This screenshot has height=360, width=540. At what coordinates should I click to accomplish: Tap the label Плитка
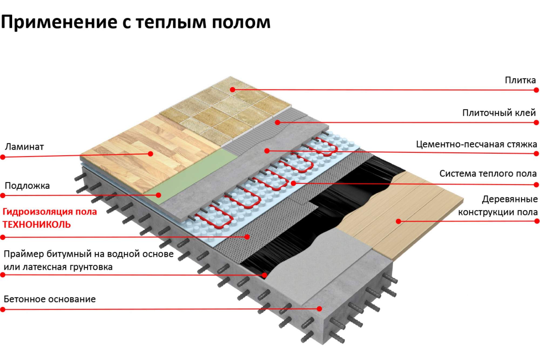point(520,80)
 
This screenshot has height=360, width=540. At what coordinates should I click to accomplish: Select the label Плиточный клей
point(499,113)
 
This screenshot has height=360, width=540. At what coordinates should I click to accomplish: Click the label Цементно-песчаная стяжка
point(476,144)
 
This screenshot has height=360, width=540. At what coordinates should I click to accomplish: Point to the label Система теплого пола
point(488,173)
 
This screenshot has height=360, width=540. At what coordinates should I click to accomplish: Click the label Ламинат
point(24,147)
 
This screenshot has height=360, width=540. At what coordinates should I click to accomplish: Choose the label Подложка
point(27,186)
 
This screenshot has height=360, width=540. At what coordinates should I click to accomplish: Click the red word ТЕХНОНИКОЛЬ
point(37,224)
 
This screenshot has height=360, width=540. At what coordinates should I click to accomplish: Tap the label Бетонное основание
point(50,299)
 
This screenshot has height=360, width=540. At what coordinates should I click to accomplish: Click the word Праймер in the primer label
point(24,254)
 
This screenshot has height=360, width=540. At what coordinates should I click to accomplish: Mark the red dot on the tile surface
point(233,89)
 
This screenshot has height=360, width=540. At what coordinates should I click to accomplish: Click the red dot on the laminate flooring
point(151,154)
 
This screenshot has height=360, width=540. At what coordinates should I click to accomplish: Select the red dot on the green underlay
point(159,195)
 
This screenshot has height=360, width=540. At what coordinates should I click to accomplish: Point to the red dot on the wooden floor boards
point(398,221)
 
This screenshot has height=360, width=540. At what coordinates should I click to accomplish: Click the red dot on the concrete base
point(319,308)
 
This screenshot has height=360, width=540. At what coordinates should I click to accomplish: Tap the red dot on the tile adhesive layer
point(278,123)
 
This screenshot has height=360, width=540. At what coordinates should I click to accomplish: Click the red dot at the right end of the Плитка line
point(536,90)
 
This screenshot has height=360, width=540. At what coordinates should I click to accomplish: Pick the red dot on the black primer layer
point(265,275)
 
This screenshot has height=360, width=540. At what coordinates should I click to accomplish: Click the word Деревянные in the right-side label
point(510,199)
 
